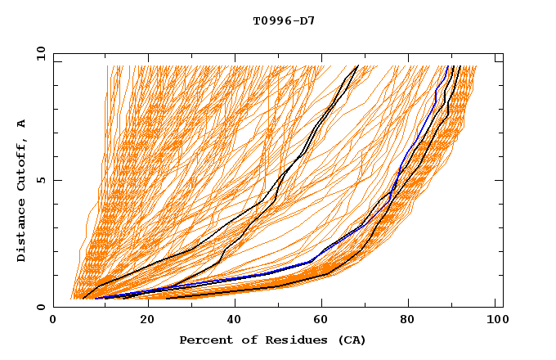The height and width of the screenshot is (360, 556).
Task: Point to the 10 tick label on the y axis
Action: tap(39, 53)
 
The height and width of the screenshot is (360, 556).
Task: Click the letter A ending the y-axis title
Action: tap(21, 124)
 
